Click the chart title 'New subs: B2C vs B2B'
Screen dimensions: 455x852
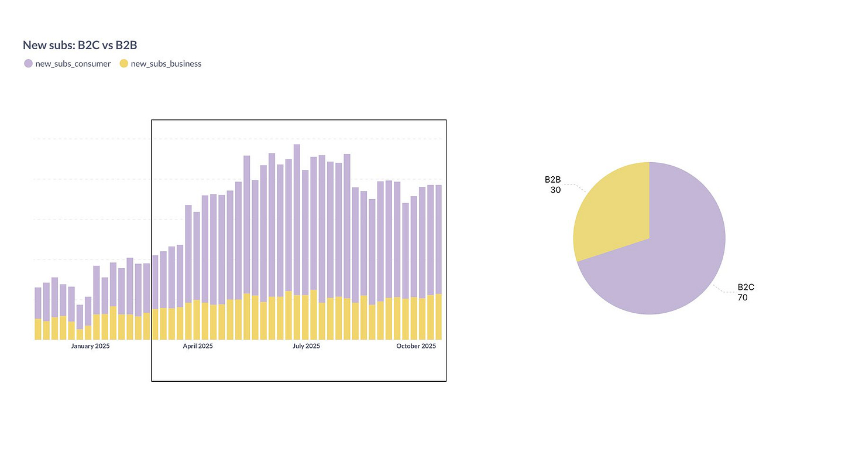pos(80,45)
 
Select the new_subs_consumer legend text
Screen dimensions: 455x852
pos(73,64)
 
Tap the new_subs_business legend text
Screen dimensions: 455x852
pos(166,64)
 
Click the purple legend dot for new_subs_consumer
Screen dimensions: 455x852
pos(28,64)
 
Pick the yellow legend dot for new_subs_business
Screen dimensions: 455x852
pos(123,64)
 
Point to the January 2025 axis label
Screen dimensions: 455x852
pos(91,346)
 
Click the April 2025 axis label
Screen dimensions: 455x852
pos(198,346)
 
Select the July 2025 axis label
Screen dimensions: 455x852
pos(306,346)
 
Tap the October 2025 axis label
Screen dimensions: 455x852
pos(416,346)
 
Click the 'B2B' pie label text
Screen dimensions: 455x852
pos(552,180)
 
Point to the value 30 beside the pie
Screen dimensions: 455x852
pos(555,190)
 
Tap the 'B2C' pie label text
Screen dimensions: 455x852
pos(746,288)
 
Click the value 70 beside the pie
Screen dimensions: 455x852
pos(743,297)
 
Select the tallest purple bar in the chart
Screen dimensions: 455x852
pos(297,217)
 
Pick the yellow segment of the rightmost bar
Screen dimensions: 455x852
pos(438,317)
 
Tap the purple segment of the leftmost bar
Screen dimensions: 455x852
pos(38,303)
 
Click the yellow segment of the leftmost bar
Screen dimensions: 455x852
pos(38,329)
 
